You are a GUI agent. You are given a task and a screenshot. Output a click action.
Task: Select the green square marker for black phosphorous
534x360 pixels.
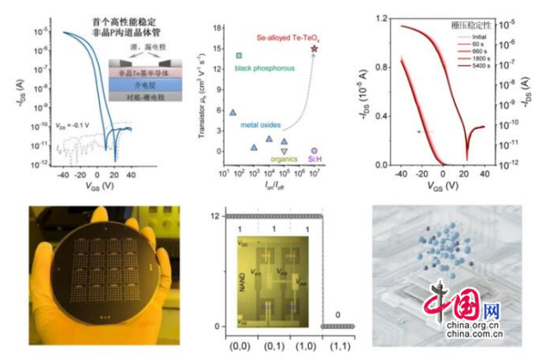[x=238, y=56]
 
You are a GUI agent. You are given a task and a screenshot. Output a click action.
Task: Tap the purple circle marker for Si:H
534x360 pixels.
[x=315, y=150]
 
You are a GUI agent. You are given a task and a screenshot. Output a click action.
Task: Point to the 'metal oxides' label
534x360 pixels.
[x=261, y=125]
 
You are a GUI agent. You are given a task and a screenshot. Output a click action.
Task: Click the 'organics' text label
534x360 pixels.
[x=284, y=159]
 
